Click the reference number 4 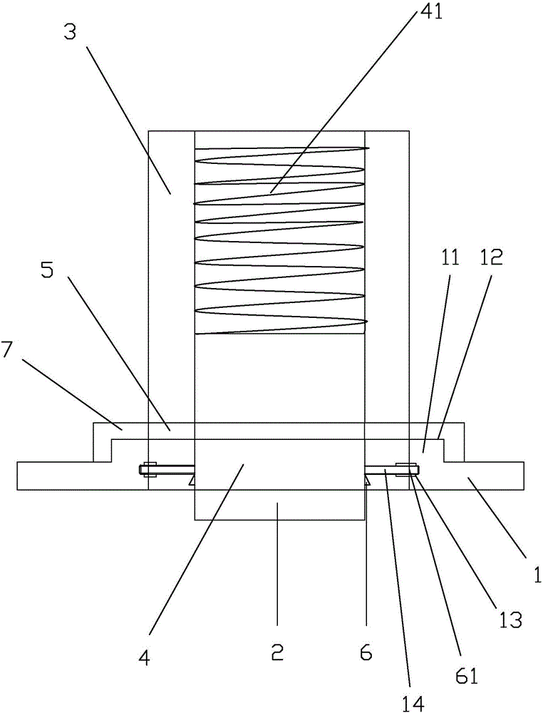click(x=145, y=660)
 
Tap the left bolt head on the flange click(x=150, y=469)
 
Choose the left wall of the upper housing click(x=171, y=285)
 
